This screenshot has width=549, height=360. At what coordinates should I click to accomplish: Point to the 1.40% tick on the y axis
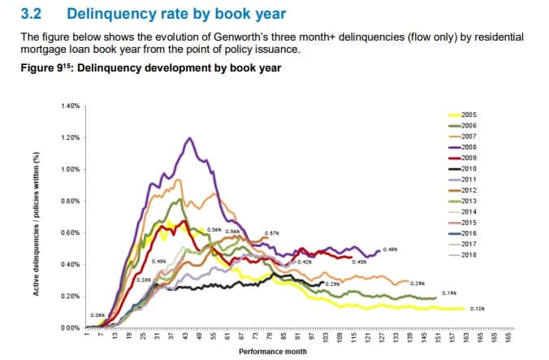coord(71,106)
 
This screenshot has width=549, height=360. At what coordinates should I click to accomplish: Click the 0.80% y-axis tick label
coord(71,201)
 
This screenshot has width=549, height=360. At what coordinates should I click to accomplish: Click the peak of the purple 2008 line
coord(189,138)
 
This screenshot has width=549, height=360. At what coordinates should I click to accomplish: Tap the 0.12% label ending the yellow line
coord(477,308)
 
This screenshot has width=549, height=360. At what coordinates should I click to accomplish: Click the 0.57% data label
coord(272,233)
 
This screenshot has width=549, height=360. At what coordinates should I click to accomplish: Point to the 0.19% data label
coord(448,293)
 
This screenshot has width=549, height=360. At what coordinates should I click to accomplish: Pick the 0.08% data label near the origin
coord(98,314)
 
